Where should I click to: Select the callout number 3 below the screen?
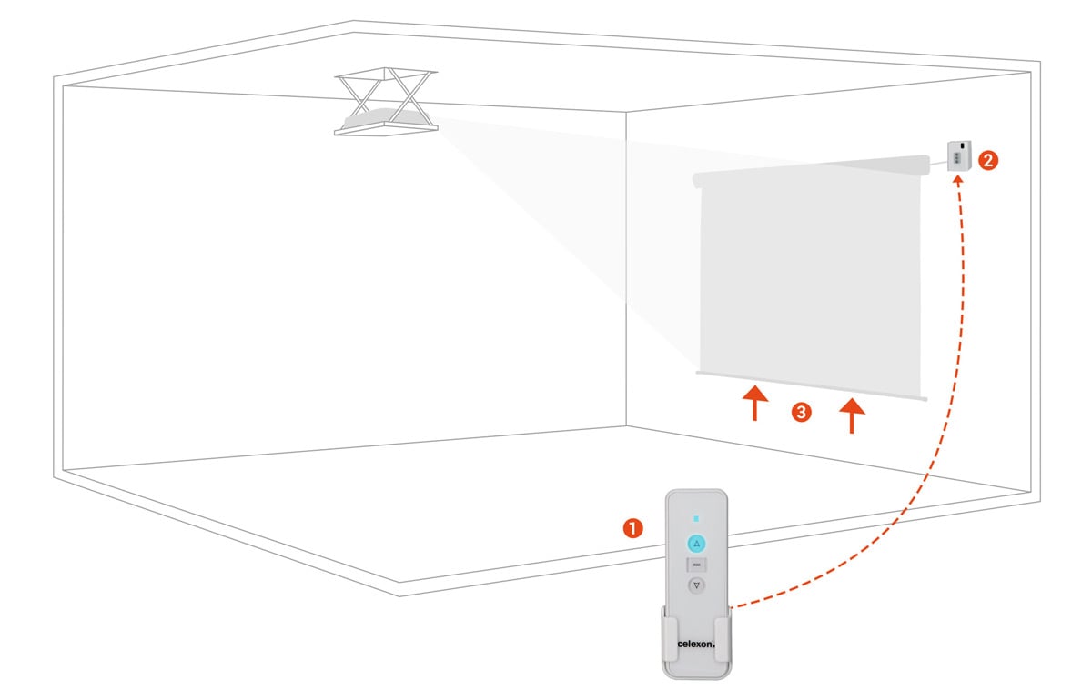[801, 413]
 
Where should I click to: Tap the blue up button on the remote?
[696, 544]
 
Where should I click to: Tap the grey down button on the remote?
[696, 586]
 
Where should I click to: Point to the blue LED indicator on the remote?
[696, 519]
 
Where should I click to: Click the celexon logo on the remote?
[696, 645]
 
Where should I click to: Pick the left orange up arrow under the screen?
[754, 405]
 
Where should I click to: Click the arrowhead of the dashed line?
[956, 179]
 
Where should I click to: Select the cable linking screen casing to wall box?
[937, 162]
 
